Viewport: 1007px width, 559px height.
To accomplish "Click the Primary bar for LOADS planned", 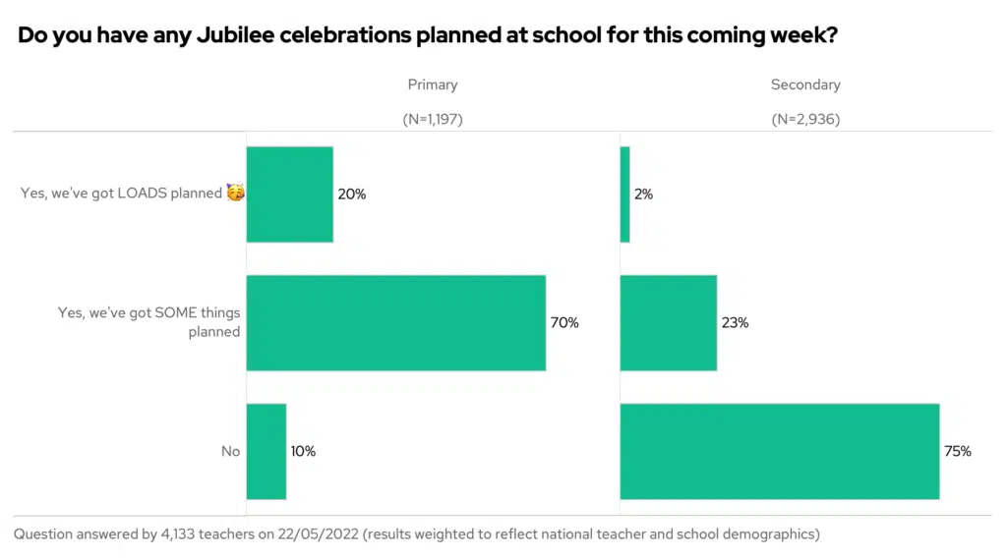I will (x=289, y=194).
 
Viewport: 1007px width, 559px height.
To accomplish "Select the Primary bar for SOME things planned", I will (x=395, y=322).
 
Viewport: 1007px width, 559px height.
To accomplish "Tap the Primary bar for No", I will (x=266, y=451).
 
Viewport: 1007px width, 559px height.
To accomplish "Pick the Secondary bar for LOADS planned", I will (x=624, y=194).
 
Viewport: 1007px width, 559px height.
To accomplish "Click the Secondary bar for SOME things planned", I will (x=668, y=322).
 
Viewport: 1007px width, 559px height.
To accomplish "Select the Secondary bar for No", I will (x=779, y=451).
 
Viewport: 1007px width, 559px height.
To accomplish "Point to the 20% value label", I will (x=351, y=195).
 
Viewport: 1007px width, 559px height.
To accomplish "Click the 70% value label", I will (x=564, y=323).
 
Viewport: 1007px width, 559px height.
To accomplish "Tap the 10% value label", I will (x=303, y=452).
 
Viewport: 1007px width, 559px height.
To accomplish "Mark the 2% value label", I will (x=643, y=195).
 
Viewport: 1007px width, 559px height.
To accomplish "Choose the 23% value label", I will (x=735, y=323).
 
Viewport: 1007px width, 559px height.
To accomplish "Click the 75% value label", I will (x=958, y=452).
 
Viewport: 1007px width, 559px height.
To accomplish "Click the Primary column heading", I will (x=433, y=84).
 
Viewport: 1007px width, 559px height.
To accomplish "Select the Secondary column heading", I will (x=805, y=84).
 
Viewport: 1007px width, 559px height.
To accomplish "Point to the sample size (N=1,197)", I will (x=433, y=119).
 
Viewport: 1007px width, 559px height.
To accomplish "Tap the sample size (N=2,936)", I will (x=805, y=119).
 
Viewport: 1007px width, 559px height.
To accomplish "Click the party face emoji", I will (x=235, y=193).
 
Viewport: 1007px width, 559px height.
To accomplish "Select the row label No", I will (x=230, y=452).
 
